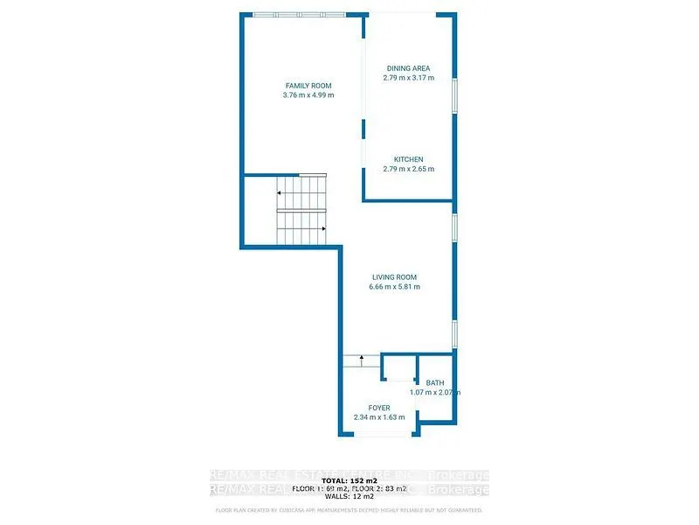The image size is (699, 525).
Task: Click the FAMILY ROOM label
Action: [x=308, y=85]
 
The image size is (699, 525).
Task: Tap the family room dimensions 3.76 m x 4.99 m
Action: [x=308, y=94]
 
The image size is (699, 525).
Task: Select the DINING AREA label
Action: [x=408, y=68]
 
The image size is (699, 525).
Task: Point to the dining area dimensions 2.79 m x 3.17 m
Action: [x=408, y=78]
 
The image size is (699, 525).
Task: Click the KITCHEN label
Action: [x=408, y=159]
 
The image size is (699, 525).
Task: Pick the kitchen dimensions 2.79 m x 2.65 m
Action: [x=408, y=169]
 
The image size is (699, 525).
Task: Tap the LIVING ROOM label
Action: [x=394, y=277]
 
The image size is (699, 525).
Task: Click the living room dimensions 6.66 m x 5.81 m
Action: [x=394, y=287]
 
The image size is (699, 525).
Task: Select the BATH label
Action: [x=434, y=383]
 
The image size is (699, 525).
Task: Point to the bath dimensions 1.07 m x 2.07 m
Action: [x=434, y=393]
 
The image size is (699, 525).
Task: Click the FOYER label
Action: [x=378, y=408]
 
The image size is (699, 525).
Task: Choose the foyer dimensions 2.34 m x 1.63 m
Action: [x=378, y=417]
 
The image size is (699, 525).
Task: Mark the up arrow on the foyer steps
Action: [x=361, y=359]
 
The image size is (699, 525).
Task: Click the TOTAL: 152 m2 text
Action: [x=348, y=481]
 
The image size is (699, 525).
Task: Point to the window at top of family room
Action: [x=297, y=14]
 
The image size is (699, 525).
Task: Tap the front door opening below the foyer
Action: [x=378, y=435]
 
